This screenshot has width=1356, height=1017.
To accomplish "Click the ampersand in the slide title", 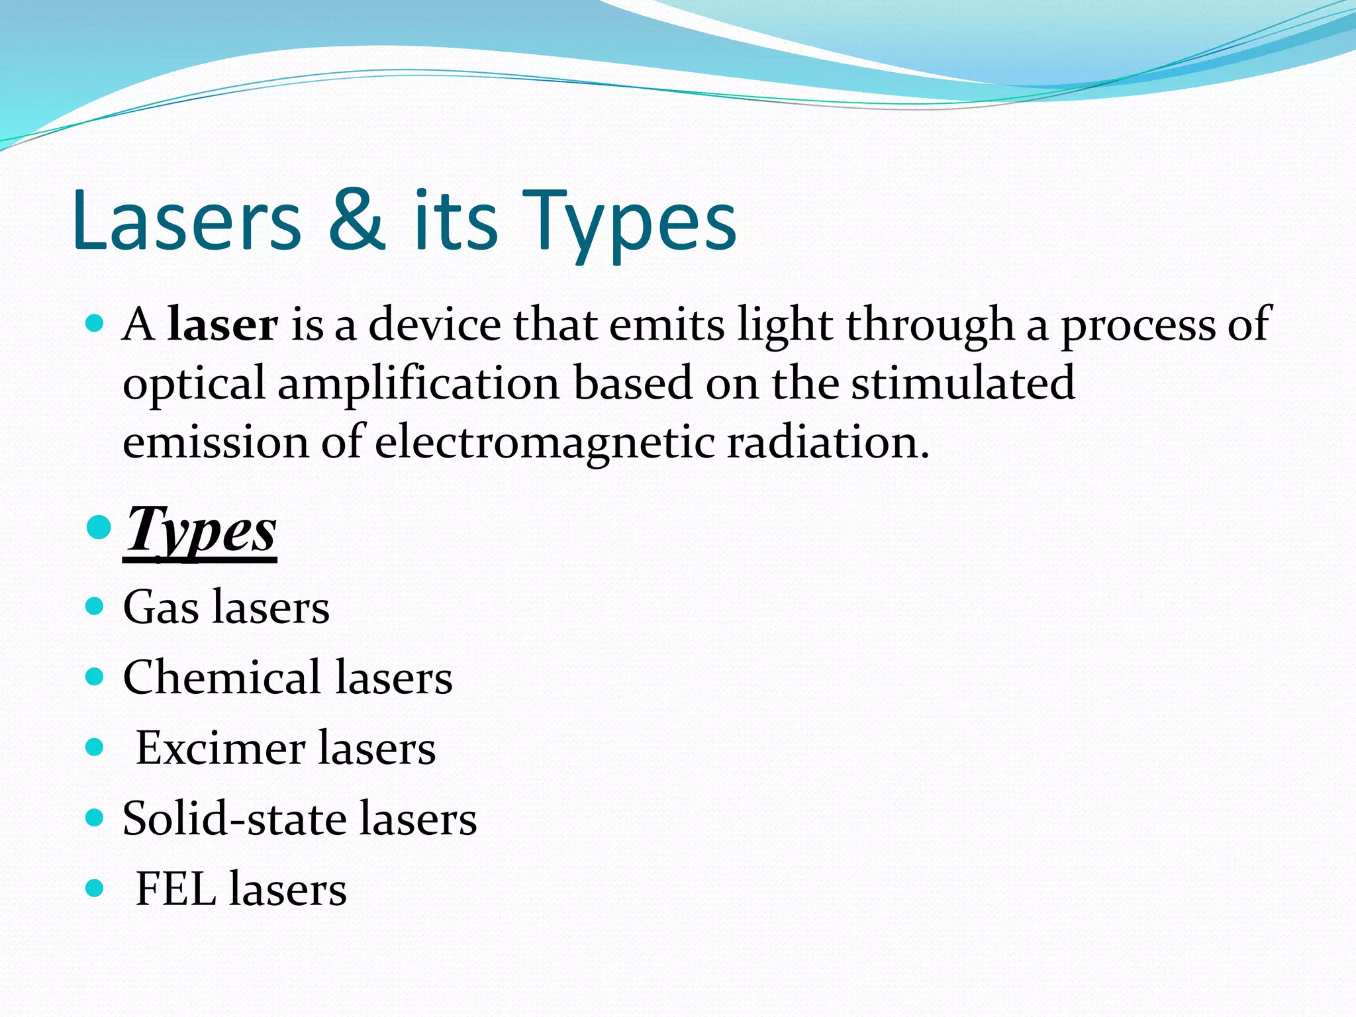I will click(356, 220).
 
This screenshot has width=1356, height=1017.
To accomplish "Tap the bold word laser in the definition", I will click(222, 324).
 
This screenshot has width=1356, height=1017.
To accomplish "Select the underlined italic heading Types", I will click(201, 530).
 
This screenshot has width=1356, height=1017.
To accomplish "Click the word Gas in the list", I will click(160, 606).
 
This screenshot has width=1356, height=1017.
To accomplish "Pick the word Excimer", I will click(220, 748).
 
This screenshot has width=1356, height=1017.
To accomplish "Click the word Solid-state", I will click(234, 818).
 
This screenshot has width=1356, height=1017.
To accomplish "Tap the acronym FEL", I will click(176, 889).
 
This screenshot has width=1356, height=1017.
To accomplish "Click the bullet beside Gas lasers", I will click(95, 606).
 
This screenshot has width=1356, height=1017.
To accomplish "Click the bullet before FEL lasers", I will click(95, 888).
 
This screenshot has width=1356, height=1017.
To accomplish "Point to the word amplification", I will click(418, 384).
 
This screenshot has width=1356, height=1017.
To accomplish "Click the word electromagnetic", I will click(544, 442).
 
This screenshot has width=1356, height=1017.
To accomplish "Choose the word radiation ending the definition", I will click(828, 442).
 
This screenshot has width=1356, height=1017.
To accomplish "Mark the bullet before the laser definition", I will click(95, 324).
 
